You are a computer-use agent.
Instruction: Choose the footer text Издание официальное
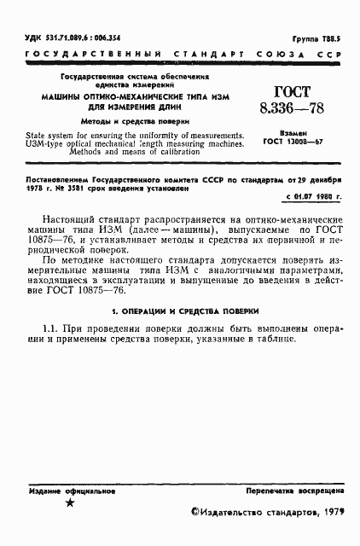(64, 492)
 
